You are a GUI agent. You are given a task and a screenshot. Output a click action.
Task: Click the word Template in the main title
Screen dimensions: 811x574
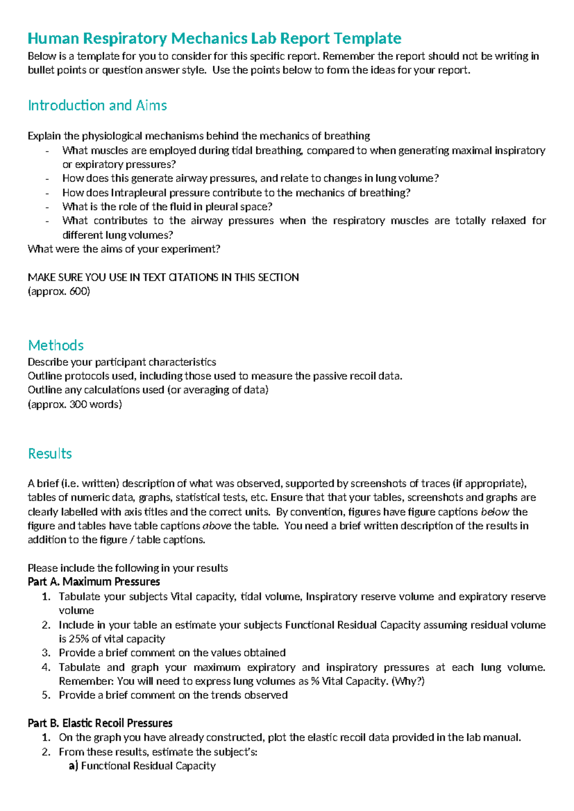[x=367, y=38]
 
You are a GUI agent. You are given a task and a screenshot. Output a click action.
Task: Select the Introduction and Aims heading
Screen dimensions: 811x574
[x=97, y=105]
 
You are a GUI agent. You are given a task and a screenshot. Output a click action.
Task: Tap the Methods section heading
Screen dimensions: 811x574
[x=55, y=345]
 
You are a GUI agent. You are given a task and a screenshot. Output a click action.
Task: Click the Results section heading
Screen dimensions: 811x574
[x=50, y=453]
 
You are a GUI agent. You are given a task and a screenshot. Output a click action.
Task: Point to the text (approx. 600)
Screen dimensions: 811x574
[x=59, y=291]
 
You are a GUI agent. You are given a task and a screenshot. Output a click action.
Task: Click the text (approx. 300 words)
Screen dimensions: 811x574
[x=75, y=404]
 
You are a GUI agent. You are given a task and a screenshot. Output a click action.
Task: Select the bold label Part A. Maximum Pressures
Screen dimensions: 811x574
[x=94, y=582]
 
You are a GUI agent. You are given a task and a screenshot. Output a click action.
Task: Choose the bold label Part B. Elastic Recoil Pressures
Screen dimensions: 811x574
[x=100, y=723]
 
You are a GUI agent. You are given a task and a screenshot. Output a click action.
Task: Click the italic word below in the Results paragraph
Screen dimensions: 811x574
[x=495, y=512]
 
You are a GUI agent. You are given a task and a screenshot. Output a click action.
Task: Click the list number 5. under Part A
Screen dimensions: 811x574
[x=46, y=695]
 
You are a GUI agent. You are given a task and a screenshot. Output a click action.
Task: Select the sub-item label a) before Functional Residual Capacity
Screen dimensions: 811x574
[x=73, y=766]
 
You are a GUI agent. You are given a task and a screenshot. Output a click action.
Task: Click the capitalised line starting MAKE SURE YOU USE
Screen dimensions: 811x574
[x=163, y=277]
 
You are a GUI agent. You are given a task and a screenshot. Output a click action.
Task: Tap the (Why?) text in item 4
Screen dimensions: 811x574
[x=408, y=681]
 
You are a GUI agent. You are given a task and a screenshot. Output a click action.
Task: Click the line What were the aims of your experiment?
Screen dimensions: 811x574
[x=124, y=249]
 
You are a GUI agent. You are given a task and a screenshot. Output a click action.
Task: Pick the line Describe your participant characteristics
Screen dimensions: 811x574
[x=122, y=362]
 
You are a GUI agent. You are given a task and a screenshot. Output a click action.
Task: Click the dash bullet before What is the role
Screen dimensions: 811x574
[x=47, y=207]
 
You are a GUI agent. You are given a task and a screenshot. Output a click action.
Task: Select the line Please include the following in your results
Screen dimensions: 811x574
[x=128, y=568]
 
